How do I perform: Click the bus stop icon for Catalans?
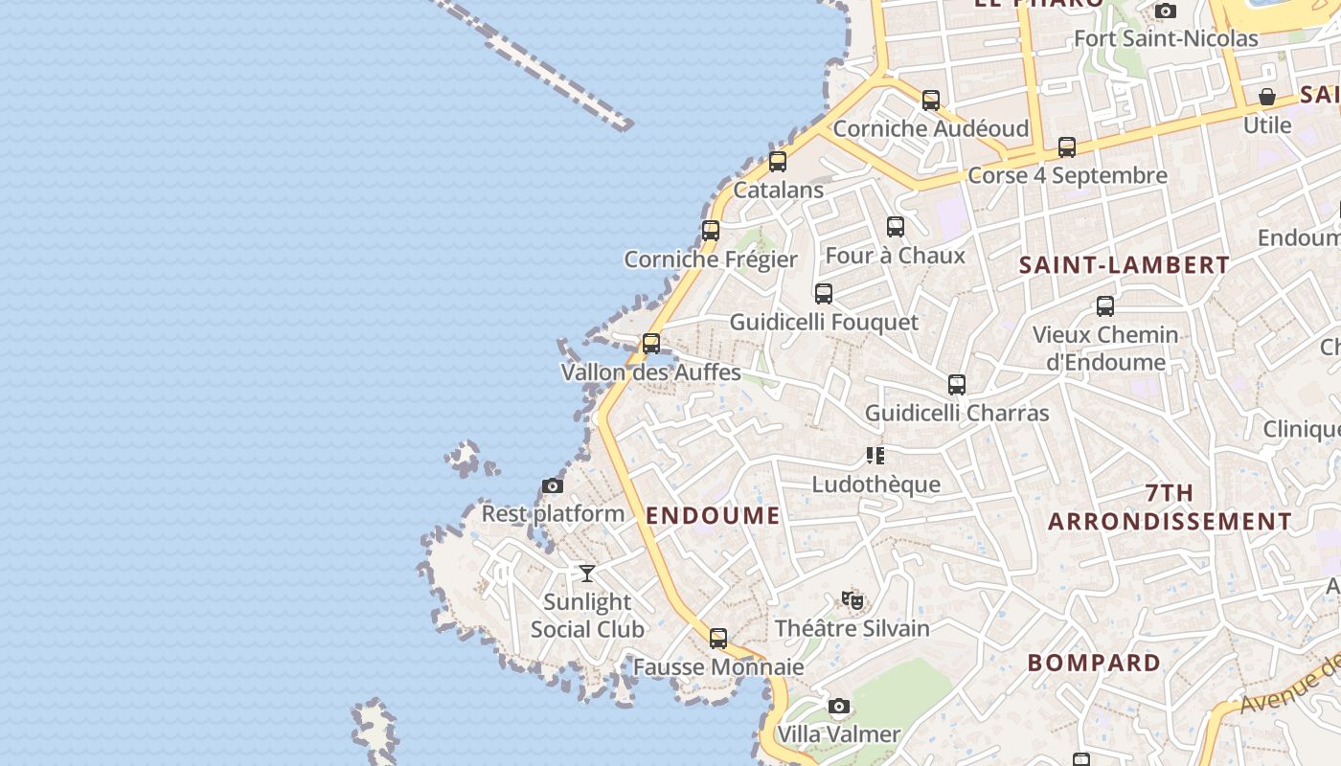(x=778, y=162)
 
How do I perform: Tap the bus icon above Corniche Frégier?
(x=710, y=231)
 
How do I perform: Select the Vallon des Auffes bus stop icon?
(x=651, y=343)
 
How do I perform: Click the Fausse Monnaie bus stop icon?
(x=718, y=639)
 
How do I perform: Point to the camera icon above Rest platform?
(x=553, y=486)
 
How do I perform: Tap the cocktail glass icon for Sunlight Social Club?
(x=587, y=574)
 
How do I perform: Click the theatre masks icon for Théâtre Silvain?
(x=852, y=600)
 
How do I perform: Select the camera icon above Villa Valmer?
(x=839, y=707)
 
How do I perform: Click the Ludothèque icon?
(x=875, y=456)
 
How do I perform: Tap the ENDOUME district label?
(x=713, y=516)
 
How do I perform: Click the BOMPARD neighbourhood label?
(x=1094, y=663)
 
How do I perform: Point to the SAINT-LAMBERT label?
(x=1124, y=265)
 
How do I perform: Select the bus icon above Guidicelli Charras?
(x=957, y=385)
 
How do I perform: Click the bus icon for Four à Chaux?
(x=896, y=227)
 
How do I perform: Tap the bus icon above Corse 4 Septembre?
(x=1067, y=147)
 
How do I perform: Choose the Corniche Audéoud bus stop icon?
(x=931, y=101)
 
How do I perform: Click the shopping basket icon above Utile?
(x=1267, y=97)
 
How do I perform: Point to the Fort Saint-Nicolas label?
(x=1166, y=39)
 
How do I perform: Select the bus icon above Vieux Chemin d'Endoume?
(x=1105, y=306)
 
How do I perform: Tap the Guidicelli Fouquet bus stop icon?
(x=824, y=294)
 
